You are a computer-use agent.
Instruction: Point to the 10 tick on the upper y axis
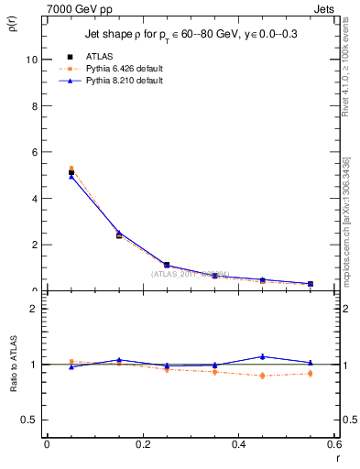click(32, 60)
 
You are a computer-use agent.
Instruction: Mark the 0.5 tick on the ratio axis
click(30, 420)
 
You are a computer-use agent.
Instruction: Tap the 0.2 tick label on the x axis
click(142, 443)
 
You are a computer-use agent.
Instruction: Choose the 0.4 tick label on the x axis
click(238, 443)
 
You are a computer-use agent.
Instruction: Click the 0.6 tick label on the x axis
click(333, 443)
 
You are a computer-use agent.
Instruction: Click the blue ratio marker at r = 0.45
click(263, 356)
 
